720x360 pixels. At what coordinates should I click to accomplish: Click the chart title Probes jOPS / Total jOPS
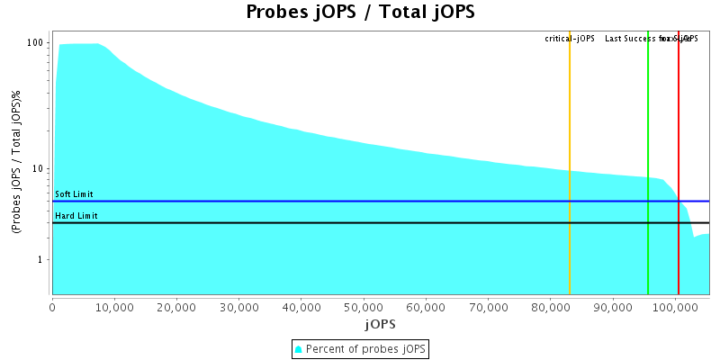click(360, 13)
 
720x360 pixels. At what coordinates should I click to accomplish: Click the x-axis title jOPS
click(380, 323)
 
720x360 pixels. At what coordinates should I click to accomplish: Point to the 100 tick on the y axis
click(36, 43)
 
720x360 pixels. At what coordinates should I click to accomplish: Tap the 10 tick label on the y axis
click(39, 169)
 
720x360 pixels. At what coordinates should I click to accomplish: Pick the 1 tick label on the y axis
click(41, 260)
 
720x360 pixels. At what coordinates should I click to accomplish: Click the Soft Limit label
click(74, 194)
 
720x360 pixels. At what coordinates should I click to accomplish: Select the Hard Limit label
click(75, 216)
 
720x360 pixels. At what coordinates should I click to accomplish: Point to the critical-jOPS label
click(570, 39)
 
